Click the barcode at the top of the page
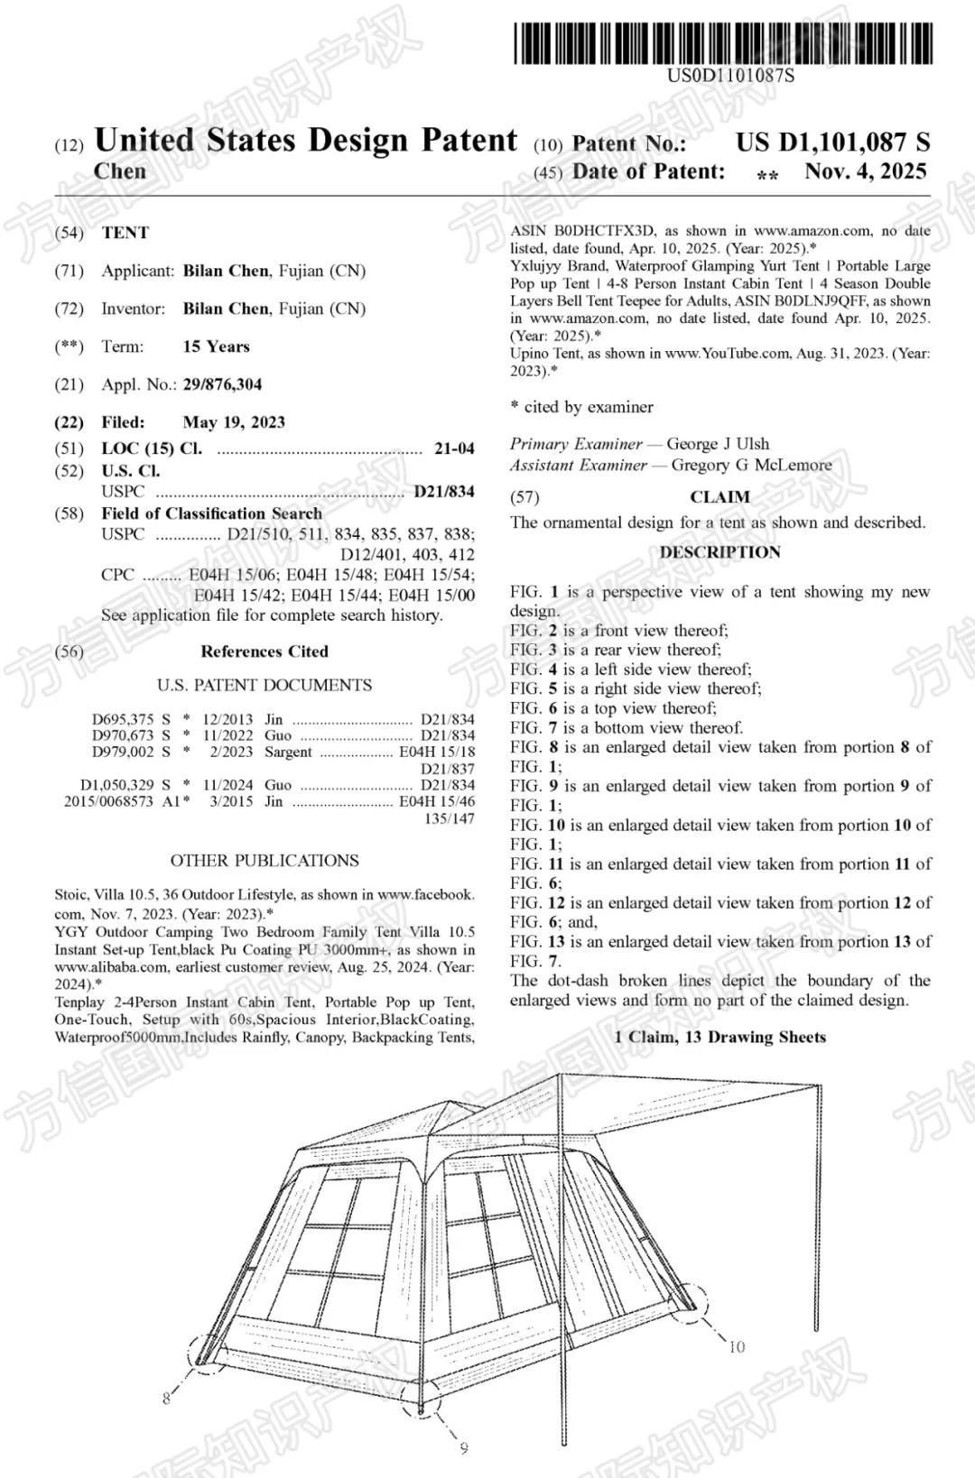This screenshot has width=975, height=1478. (x=723, y=42)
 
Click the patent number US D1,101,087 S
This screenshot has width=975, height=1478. (x=832, y=142)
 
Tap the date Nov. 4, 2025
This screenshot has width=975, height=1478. (x=865, y=171)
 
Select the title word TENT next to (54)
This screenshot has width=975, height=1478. (x=125, y=233)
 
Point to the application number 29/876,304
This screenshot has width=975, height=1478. (x=222, y=384)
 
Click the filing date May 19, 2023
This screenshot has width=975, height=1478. (x=234, y=422)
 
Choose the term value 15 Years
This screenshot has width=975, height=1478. (x=216, y=346)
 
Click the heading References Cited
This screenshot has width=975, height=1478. (x=265, y=651)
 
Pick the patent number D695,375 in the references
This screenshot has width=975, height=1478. (x=123, y=719)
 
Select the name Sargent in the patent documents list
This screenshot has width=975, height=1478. (x=288, y=752)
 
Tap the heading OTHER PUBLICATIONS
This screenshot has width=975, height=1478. (x=265, y=861)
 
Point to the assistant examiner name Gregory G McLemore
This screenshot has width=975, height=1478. (x=751, y=466)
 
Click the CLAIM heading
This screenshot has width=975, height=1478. (x=720, y=497)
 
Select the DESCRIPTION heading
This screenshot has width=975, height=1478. (x=720, y=552)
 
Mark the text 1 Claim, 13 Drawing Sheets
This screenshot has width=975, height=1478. (x=720, y=1037)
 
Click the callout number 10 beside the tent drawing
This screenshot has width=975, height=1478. (x=737, y=1347)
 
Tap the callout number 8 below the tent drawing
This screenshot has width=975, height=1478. (x=166, y=1399)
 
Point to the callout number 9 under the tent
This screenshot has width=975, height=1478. (x=464, y=1448)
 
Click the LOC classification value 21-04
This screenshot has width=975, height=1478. (x=454, y=448)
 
